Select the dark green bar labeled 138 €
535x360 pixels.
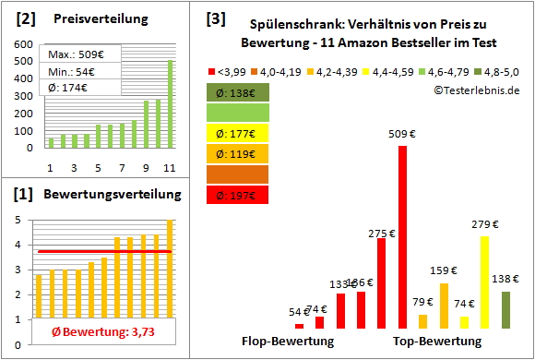point(505,309)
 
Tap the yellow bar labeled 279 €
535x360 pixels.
point(484,282)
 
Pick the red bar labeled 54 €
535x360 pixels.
point(299,326)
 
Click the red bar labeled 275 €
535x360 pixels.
point(382,277)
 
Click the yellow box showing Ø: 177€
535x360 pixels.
point(238,133)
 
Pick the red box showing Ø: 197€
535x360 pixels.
point(238,195)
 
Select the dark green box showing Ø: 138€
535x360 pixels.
point(238,92)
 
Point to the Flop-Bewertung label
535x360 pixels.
point(288,342)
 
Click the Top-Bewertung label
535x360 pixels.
point(437,342)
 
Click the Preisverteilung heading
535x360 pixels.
point(97,18)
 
